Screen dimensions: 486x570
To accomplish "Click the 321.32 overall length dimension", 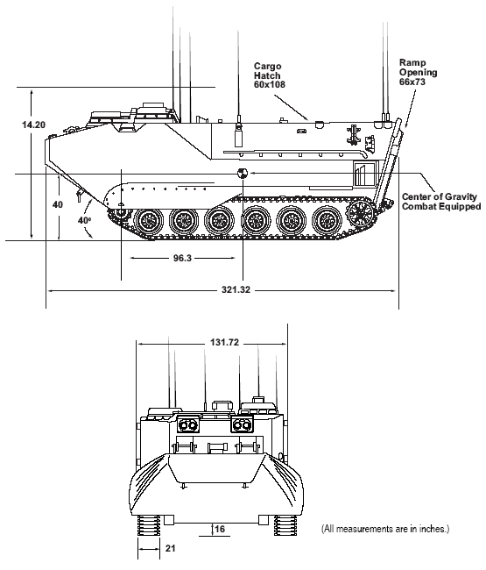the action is [236, 290].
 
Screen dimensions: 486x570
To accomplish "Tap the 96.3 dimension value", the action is [182, 258].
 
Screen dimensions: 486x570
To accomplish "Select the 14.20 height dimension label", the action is [34, 125].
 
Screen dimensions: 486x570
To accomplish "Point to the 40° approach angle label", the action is [84, 220].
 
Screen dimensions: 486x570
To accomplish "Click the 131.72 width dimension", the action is [225, 342].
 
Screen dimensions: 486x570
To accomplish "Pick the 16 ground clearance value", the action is [220, 528].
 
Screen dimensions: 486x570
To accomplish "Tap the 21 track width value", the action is [171, 548].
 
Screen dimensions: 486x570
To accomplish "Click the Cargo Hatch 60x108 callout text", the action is [270, 75].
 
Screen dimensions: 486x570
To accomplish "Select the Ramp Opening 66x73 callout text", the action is [418, 72].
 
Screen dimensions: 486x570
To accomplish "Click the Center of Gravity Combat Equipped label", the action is [441, 202].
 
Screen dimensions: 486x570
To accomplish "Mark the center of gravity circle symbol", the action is [242, 174].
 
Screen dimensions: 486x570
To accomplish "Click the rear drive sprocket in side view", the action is [361, 212].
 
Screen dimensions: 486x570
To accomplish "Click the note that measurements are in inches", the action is [385, 529].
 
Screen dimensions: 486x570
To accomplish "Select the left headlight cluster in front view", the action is [188, 424].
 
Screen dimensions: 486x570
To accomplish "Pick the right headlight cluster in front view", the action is [242, 424].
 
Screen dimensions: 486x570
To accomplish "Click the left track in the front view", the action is [149, 525].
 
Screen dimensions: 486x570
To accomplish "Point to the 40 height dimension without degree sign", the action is [58, 204].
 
